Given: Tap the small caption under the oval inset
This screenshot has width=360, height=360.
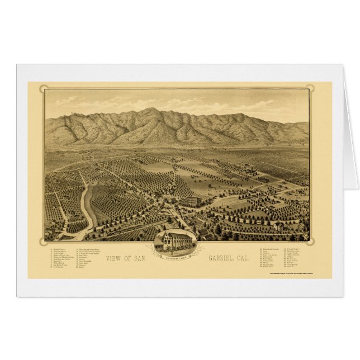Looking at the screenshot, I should click(175, 253).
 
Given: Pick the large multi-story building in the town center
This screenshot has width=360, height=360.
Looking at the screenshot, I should click(190, 201).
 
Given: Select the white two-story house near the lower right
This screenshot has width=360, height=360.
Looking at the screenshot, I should click(278, 225).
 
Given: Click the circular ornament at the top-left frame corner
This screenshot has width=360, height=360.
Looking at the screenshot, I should click(43, 89).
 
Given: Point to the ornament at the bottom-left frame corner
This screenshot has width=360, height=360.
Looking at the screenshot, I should click(43, 241).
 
